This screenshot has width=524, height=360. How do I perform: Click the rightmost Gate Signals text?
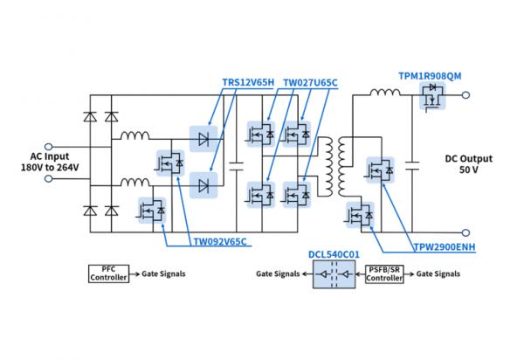(x=438, y=273)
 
